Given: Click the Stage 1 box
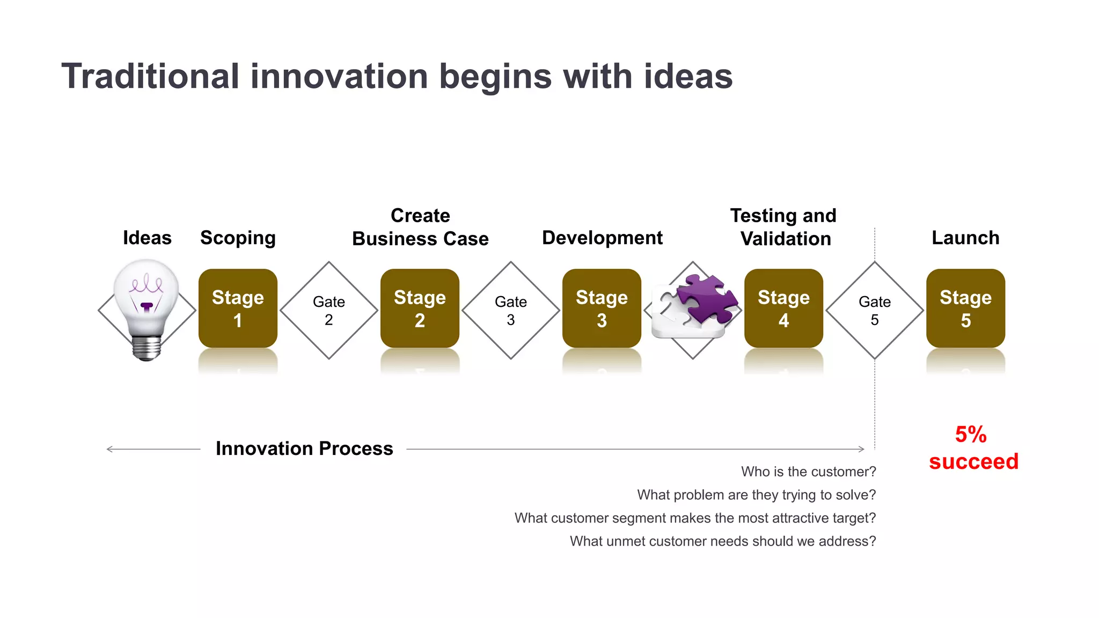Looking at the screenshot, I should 238,308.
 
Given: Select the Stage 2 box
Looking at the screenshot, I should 420,308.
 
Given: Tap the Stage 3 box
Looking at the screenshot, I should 602,308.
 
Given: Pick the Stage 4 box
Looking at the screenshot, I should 783,308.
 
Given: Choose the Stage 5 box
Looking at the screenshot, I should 965,308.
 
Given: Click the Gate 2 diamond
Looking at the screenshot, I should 329,310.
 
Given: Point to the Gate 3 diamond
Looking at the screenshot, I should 511,310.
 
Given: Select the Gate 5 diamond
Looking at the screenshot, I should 875,310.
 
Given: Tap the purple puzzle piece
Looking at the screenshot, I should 707,298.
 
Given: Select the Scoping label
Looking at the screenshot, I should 238,238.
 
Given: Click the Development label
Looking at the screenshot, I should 602,238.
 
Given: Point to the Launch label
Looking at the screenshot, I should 965,238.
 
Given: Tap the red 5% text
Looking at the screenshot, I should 971,434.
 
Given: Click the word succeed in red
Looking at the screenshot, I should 973,461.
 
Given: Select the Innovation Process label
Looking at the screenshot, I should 304,448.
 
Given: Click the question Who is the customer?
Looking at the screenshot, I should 808,472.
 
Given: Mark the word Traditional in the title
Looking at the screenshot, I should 150,76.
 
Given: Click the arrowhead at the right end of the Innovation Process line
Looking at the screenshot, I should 862,449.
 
